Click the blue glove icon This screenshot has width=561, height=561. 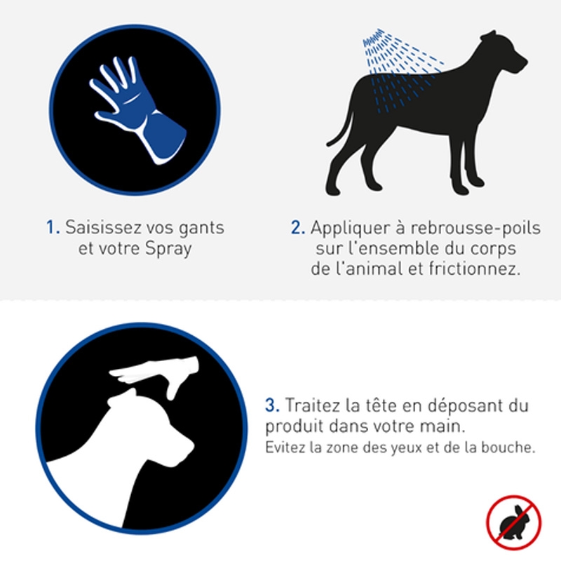click(137, 109)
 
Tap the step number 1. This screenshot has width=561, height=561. click(53, 227)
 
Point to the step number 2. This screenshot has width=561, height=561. click(297, 227)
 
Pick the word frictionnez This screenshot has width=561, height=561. click(475, 269)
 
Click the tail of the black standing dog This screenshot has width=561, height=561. click(340, 129)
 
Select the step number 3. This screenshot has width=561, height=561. click(272, 405)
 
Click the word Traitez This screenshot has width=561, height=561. click(312, 405)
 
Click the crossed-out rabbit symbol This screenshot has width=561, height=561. click(514, 522)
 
